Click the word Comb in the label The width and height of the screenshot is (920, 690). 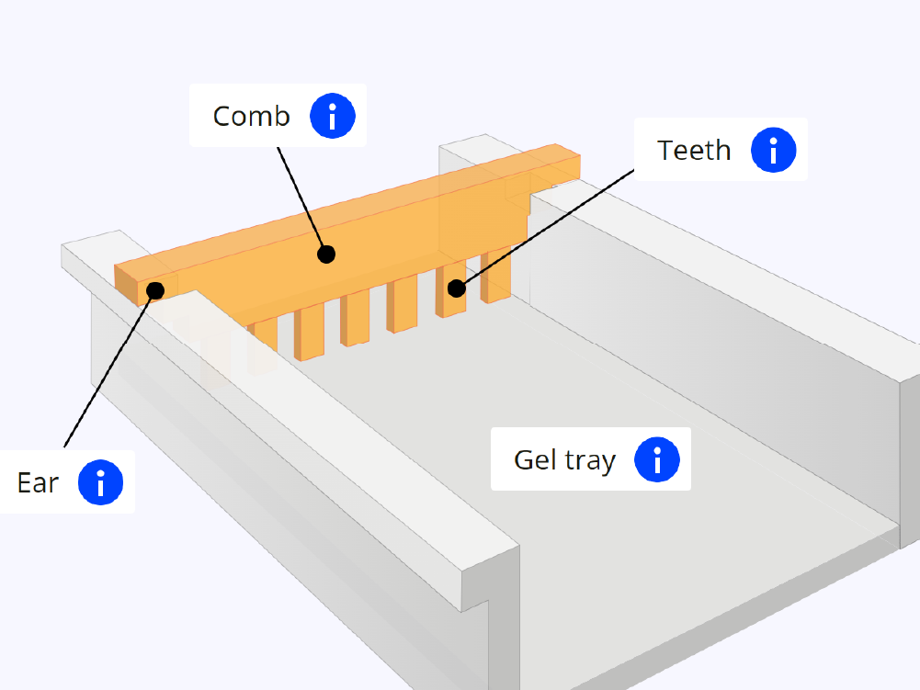tap(251, 117)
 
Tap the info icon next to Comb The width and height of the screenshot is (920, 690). tap(332, 116)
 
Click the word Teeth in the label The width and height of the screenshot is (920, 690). tap(694, 150)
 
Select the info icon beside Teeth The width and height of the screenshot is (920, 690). tap(773, 150)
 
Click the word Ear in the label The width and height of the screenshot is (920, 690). tap(38, 482)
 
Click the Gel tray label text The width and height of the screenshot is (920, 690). tap(564, 459)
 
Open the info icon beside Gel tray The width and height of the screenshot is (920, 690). tap(656, 459)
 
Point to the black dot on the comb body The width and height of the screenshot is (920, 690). tap(326, 254)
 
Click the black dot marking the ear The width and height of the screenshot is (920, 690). tap(155, 290)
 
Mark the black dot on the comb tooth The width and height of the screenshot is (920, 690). tap(456, 288)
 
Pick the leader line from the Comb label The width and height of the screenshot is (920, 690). tap(301, 198)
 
